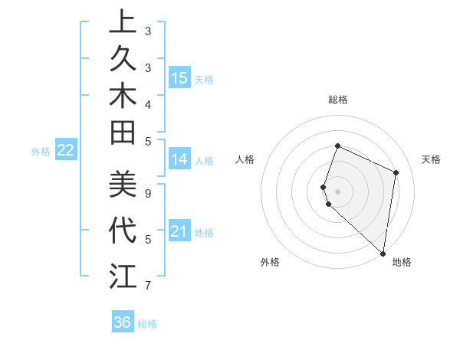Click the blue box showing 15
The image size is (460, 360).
point(179,77)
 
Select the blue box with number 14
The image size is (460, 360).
point(179,159)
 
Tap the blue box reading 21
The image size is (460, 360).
point(179,231)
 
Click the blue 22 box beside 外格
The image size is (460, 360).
point(66,150)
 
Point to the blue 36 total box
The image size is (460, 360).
point(122,322)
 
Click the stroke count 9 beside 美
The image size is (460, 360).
point(148,193)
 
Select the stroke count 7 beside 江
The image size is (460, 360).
point(148,286)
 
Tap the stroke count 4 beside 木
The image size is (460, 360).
point(148,103)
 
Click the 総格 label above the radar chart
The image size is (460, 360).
point(337,100)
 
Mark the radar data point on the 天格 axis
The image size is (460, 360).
point(396,172)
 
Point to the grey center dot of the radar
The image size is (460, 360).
point(337,191)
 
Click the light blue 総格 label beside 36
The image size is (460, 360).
point(147,324)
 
